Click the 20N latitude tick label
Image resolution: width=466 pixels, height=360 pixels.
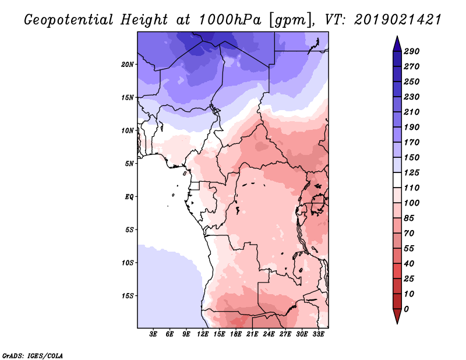pyautogui.click(x=128, y=65)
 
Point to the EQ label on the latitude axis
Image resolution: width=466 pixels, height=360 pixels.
pyautogui.click(x=129, y=197)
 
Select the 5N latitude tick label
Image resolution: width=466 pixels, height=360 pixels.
pyautogui.click(x=129, y=164)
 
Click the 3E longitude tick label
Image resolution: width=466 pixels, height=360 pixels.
pyautogui.click(x=153, y=334)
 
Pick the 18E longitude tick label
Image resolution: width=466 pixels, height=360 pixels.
pyautogui.click(x=236, y=334)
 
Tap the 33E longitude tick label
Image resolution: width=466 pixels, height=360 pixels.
pyautogui.click(x=318, y=334)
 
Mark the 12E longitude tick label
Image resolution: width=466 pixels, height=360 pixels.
pyautogui.click(x=203, y=334)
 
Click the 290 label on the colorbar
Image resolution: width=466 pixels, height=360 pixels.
pyautogui.click(x=412, y=51)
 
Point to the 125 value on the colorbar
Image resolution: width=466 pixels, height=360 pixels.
pyautogui.click(x=412, y=172)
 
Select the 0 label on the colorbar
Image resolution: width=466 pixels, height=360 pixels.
pyautogui.click(x=407, y=309)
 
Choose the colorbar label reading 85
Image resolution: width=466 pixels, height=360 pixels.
pyautogui.click(x=409, y=218)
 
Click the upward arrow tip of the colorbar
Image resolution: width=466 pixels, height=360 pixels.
pyautogui.click(x=397, y=36)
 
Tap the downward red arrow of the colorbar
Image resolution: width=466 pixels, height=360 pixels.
pyautogui.click(x=397, y=316)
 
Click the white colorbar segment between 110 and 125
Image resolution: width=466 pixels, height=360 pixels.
pyautogui.click(x=397, y=180)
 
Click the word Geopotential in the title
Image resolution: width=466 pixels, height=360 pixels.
pyautogui.click(x=68, y=20)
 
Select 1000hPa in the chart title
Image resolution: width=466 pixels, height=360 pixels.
pyautogui.click(x=230, y=20)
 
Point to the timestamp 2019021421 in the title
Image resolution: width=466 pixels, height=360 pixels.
pyautogui.click(x=398, y=20)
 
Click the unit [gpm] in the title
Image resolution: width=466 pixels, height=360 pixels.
pyautogui.click(x=291, y=20)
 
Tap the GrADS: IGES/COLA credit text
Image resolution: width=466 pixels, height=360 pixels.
pyautogui.click(x=33, y=356)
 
